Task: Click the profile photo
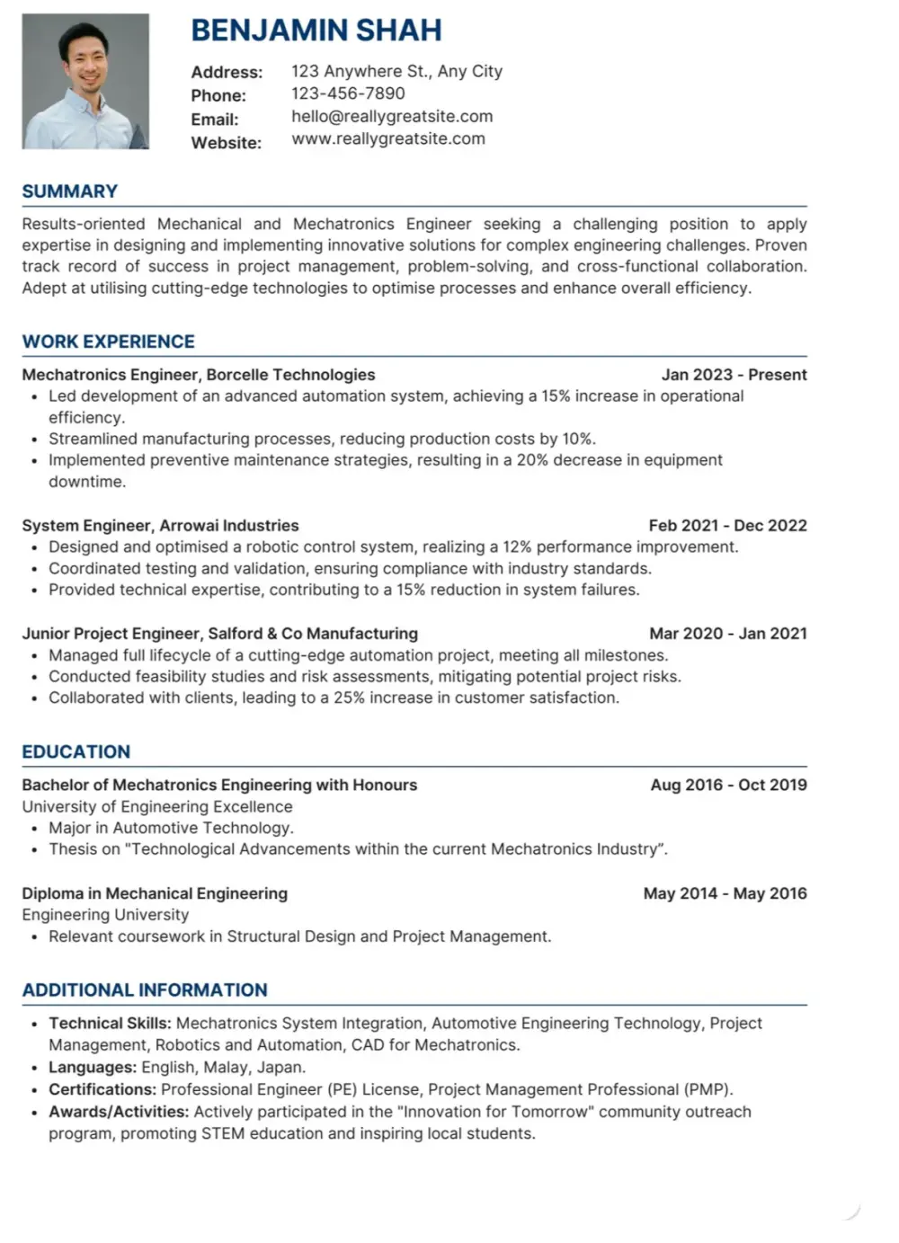pos(85,81)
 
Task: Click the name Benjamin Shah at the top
pos(316,31)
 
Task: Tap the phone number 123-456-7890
pos(348,93)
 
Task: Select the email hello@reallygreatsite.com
pos(392,116)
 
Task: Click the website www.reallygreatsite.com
pos(388,138)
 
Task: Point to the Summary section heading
pos(70,191)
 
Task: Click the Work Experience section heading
pos(108,342)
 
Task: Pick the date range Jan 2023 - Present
pos(734,375)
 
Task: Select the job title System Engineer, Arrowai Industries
pos(160,526)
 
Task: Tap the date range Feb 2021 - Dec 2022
pos(727,526)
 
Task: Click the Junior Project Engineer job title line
pos(219,634)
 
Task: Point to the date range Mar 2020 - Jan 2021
pos(728,634)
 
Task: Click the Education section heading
pos(76,752)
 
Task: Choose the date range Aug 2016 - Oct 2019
pos(728,785)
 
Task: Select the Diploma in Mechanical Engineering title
pos(155,893)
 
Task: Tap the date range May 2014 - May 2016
pos(725,893)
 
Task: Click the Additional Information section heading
pos(145,990)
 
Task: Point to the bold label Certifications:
pos(102,1089)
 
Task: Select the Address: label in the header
pos(227,72)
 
